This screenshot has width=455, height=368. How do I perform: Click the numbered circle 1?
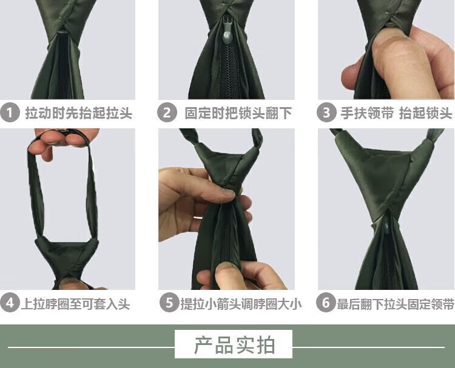point(10,113)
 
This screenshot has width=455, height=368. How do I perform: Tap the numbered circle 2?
point(167,113)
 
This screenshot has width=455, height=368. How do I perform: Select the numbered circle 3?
point(326,113)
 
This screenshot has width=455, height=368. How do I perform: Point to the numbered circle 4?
point(10,303)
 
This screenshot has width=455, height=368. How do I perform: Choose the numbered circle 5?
point(169,303)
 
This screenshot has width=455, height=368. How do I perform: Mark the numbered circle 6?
point(326,303)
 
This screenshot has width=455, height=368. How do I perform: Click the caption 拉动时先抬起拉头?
point(79,113)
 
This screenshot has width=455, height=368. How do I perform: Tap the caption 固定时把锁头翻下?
point(238,113)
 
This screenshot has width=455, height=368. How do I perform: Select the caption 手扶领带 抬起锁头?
point(396,113)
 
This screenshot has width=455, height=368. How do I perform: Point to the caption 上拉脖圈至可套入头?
point(75,304)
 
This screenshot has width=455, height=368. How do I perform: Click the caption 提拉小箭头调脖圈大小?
point(241,304)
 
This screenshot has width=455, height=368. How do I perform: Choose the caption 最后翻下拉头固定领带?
point(395,304)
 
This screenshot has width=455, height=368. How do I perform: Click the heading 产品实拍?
point(234,345)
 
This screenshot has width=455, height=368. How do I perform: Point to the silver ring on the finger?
point(198,217)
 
